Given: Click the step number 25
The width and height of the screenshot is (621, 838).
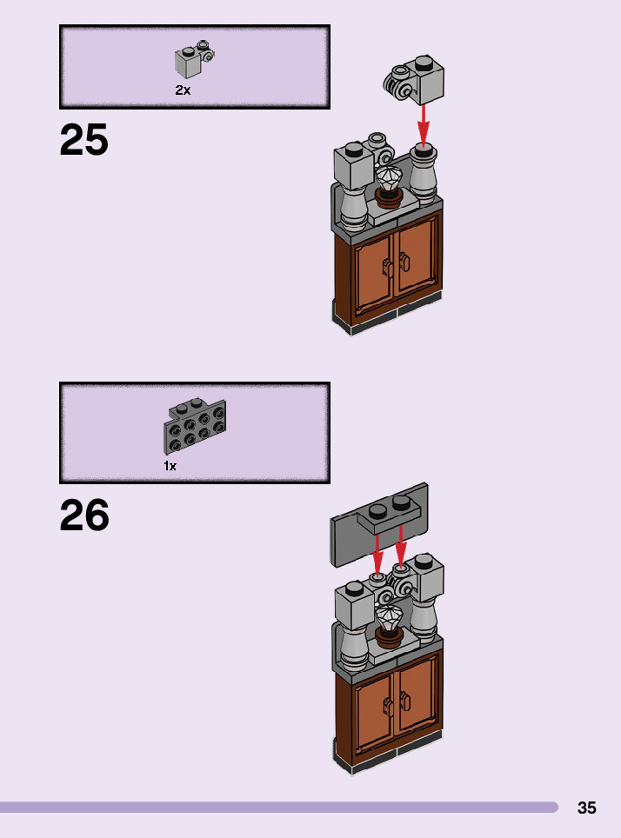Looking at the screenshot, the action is point(84,141).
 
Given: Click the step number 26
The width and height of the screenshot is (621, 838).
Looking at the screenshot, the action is point(84,516).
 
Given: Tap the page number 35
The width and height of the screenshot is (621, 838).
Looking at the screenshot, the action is point(587,808).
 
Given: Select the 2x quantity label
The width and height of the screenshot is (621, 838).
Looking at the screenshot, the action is point(183,90).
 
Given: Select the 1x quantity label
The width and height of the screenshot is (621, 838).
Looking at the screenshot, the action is point(170,466).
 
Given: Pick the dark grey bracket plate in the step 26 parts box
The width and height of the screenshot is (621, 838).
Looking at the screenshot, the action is point(195,427).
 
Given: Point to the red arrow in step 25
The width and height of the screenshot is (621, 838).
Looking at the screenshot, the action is point(424,126).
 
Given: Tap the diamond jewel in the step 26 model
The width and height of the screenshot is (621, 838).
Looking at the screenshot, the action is point(388,620).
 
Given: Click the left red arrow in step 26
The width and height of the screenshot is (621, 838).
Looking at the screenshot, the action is point(378,552).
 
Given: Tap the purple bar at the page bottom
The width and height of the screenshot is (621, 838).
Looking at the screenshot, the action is point(278,808).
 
